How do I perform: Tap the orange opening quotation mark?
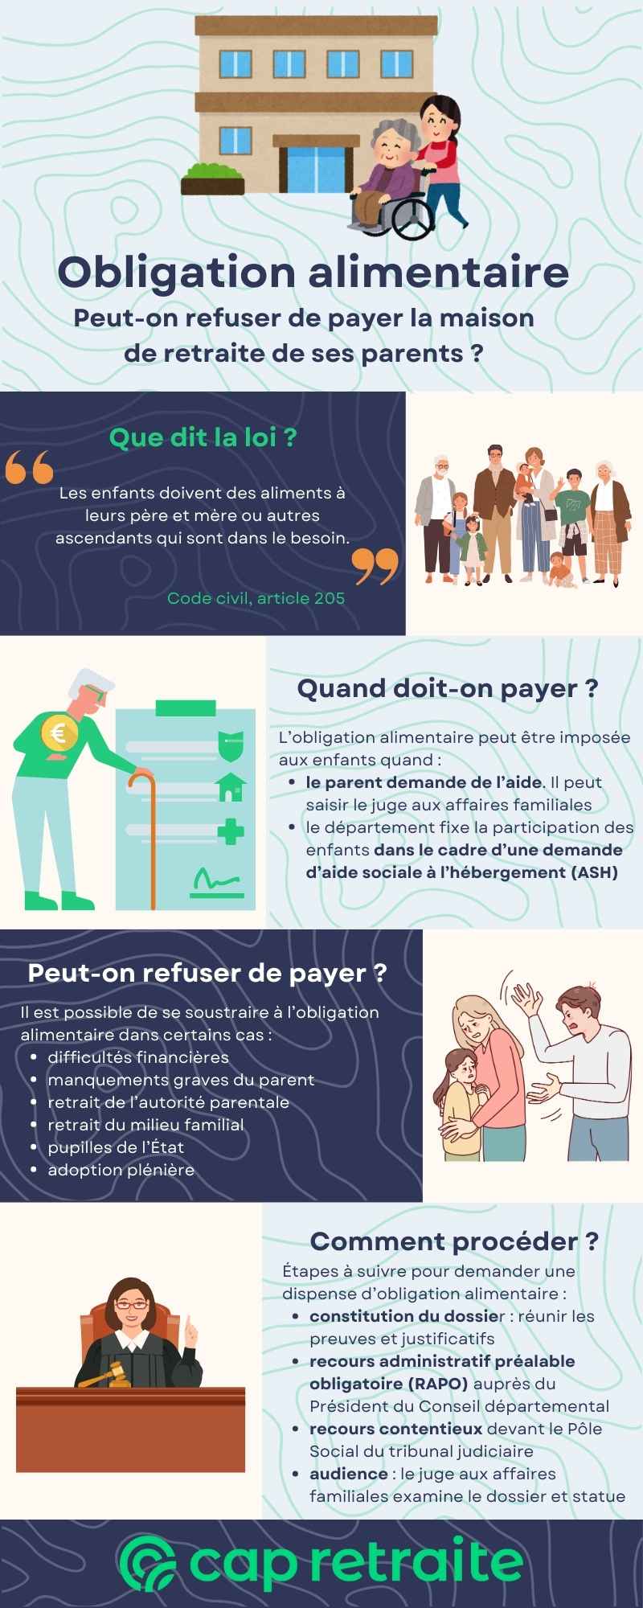[x=29, y=467]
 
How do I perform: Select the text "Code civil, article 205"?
[x=256, y=597]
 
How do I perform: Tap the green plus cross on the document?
[x=231, y=831]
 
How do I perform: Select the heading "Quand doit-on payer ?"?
[x=448, y=688]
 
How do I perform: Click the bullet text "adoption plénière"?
[x=121, y=1169]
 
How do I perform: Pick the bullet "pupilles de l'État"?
[x=116, y=1147]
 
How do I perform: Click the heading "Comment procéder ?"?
[x=454, y=1241]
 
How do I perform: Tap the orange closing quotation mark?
[x=375, y=566]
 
